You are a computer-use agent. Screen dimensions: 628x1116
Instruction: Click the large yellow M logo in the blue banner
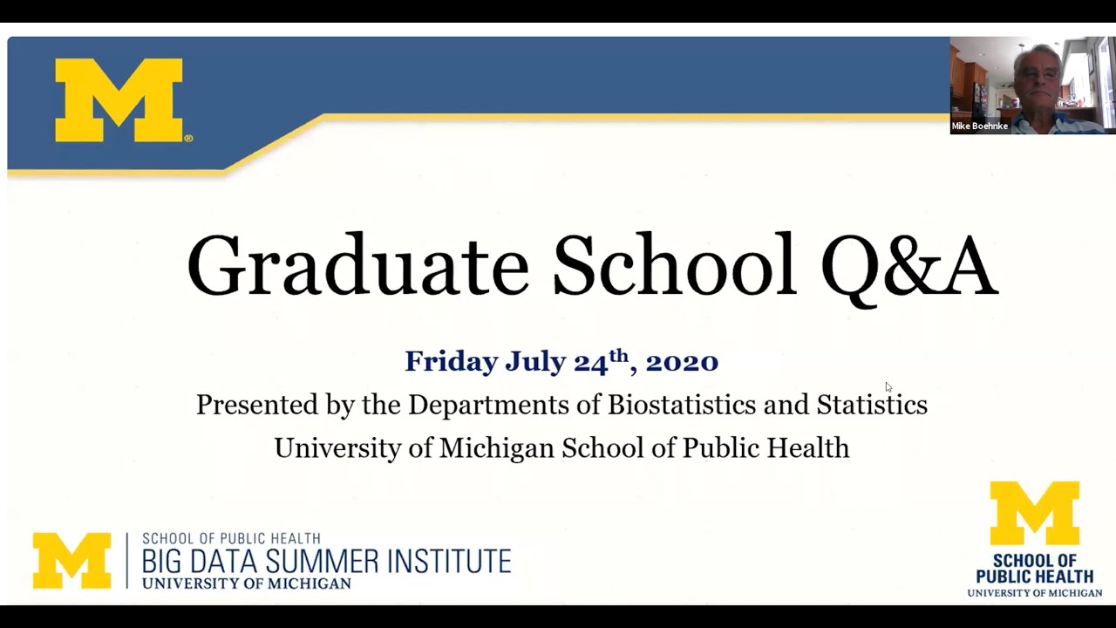coord(119,100)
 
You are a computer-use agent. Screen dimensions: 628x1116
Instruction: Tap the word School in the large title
coord(674,264)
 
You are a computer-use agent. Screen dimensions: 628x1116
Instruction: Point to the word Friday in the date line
coord(451,362)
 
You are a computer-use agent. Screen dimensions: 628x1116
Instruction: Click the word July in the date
coord(535,362)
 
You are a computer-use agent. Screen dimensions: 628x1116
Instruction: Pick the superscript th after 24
coord(618,356)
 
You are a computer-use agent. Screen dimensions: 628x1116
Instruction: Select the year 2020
coord(682,362)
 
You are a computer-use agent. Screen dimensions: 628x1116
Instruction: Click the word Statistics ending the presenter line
coord(872,405)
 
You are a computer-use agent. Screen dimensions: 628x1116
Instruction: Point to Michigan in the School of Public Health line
coord(496,447)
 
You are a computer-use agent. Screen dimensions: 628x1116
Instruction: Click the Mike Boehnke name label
coord(979,126)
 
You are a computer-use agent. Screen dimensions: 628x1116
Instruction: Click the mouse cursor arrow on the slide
coord(888,386)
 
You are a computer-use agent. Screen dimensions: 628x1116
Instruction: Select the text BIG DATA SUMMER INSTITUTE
coord(326,561)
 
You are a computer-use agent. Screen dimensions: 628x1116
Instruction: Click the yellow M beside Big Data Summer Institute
coord(71,560)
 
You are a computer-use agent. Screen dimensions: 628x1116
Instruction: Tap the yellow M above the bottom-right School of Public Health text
coord(1034,513)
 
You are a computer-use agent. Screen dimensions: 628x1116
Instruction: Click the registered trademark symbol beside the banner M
coord(188,138)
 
